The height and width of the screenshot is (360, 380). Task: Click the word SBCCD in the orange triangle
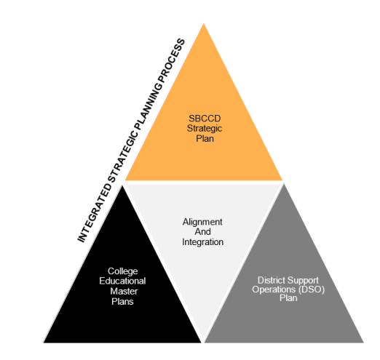click(205, 119)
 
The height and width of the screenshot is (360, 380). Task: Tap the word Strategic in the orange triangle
click(205, 129)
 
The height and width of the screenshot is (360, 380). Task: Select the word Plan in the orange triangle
click(205, 139)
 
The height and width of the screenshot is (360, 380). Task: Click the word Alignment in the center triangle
click(202, 222)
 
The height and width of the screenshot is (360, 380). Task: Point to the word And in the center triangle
click(202, 232)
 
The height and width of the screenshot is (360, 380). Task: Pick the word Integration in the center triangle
click(203, 242)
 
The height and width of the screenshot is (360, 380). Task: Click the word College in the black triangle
click(122, 271)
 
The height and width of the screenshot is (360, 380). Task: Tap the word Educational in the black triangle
click(122, 281)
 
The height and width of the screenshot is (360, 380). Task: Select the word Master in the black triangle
click(124, 291)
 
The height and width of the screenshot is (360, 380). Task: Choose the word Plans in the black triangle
click(122, 302)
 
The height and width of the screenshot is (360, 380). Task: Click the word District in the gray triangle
click(272, 280)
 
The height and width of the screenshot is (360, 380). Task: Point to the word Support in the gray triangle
click(303, 281)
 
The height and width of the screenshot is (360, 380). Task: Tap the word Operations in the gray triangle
click(274, 289)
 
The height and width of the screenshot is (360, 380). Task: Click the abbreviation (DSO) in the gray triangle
click(312, 289)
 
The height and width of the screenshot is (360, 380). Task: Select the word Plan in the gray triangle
click(288, 298)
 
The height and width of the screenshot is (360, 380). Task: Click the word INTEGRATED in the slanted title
click(95, 212)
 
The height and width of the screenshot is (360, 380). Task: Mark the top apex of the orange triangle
click(204, 23)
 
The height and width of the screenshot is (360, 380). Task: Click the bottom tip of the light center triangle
click(203, 340)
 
